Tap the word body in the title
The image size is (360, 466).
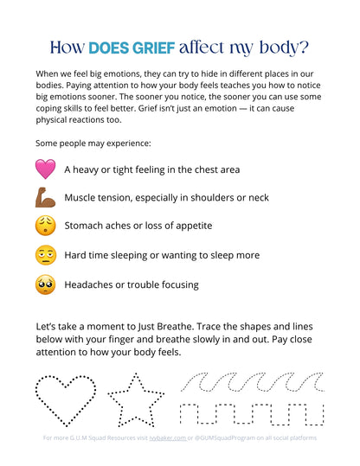tap(282, 46)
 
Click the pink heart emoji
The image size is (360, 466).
tap(45, 169)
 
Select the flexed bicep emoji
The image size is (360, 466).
tap(45, 197)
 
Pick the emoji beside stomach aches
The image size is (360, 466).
tap(45, 226)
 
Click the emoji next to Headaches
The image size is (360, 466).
tap(45, 284)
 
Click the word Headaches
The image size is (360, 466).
tap(93, 284)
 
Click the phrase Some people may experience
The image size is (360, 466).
tap(81, 141)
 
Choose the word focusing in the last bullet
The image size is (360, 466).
tap(175, 284)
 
